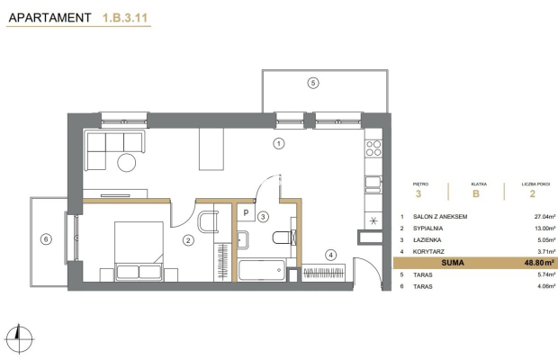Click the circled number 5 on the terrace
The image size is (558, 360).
point(313,83)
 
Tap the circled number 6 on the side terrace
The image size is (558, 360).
point(46,239)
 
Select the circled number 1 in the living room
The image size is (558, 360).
point(279,144)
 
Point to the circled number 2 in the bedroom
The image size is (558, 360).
point(188,240)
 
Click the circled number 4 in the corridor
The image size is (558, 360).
point(331,255)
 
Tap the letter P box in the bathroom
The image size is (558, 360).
point(246,213)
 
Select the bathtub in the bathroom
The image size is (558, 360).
point(262,270)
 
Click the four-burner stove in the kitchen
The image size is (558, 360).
point(373,148)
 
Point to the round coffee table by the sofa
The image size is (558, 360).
point(127,163)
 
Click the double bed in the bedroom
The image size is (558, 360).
point(139,251)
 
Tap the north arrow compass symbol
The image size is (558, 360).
point(20,338)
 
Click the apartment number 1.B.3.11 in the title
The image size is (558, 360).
point(125,18)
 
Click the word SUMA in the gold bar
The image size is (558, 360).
point(453,263)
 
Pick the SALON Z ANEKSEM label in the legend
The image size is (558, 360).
point(440,217)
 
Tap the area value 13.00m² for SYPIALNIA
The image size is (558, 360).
point(544,229)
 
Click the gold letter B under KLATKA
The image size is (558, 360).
point(476,193)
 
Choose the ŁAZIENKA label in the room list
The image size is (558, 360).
point(427,240)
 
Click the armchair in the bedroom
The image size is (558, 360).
point(208,221)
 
